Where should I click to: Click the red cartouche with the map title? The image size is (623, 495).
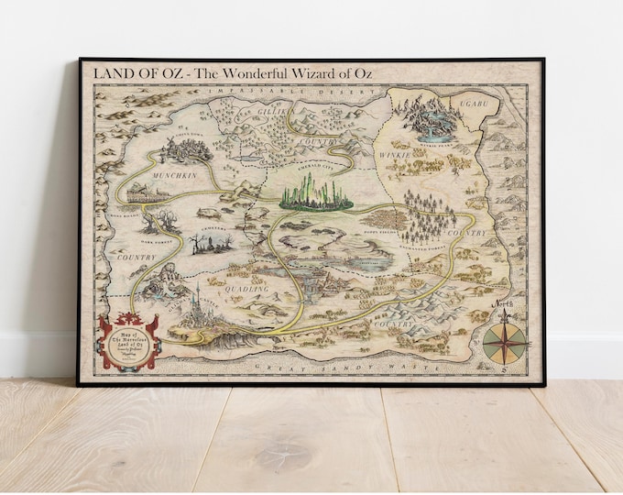click(128, 340)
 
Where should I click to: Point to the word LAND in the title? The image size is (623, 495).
click(100, 72)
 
